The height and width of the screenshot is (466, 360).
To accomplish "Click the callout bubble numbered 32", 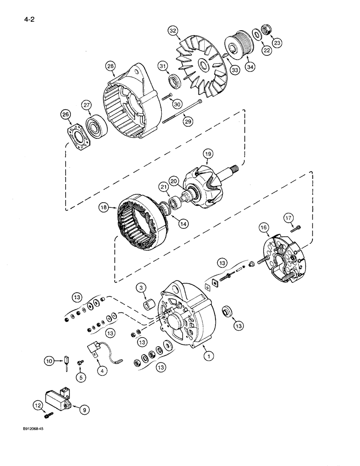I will pyautogui.click(x=173, y=31).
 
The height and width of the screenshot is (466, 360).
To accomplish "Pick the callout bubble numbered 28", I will pyautogui.click(x=110, y=67).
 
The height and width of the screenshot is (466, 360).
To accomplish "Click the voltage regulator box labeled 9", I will pyautogui.click(x=57, y=397).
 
